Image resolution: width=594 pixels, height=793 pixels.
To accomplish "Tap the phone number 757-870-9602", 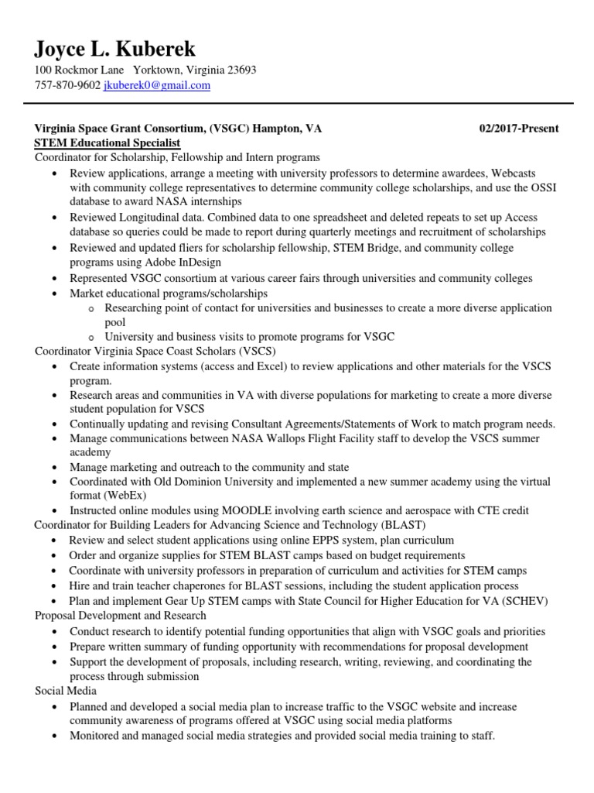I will point(67,85).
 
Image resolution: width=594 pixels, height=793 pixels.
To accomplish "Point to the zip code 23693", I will point(241,70).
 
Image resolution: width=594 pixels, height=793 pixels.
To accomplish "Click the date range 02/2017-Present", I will point(519,128).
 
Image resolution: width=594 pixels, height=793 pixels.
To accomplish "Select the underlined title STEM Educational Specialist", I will point(108,143).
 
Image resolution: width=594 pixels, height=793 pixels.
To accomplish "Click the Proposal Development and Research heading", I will point(121,616).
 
